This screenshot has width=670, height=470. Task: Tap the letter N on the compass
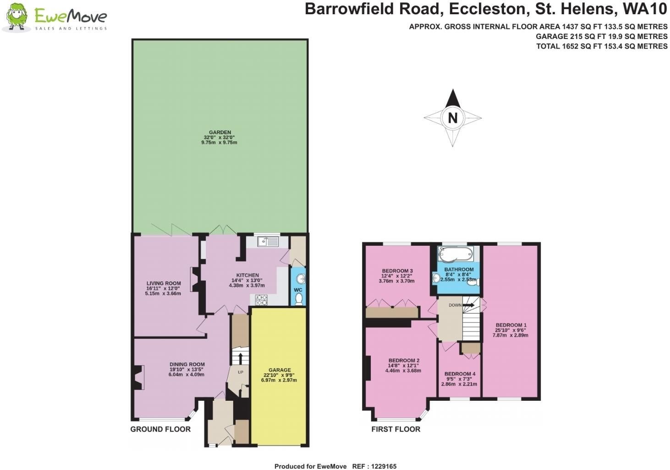pos(453,118)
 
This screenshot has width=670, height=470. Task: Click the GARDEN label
pos(220,133)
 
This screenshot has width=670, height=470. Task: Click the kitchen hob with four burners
pos(261,300)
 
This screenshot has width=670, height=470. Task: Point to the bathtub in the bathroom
pos(456,254)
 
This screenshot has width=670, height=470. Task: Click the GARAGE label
pos(280,370)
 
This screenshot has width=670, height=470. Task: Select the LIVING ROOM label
pos(164,283)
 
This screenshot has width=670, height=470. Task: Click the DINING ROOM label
pos(187,365)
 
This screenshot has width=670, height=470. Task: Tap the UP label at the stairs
pos(241,372)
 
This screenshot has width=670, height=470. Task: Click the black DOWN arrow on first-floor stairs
pos(468,305)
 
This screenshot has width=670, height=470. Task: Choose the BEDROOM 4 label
pos(460,374)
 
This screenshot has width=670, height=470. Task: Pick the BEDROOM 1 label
pos(511,325)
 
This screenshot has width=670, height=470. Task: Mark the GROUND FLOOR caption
pos(160,429)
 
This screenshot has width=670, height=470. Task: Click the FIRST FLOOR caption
pos(395,429)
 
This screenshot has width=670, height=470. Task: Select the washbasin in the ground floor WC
pos(300,279)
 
